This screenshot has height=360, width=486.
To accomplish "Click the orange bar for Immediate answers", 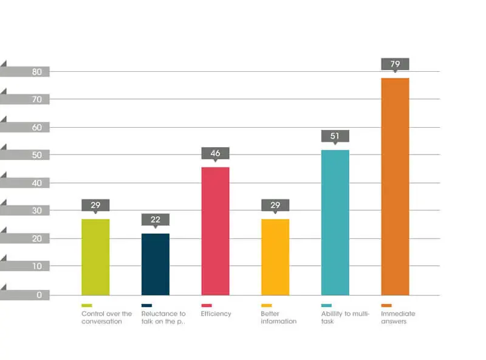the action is (x=395, y=187).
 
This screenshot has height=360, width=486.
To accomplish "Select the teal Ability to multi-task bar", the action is (x=335, y=223).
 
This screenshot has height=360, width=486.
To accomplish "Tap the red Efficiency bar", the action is (x=216, y=231).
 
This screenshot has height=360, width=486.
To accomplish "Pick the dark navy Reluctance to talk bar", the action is (x=156, y=264).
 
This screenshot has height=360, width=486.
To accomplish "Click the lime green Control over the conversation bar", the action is (x=95, y=257).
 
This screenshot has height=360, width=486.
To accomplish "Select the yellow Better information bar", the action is (x=275, y=257).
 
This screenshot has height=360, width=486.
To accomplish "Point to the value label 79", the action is (x=395, y=64).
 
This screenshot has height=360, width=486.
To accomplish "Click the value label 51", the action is (x=335, y=136).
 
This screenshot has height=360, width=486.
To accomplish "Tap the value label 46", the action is (x=216, y=154).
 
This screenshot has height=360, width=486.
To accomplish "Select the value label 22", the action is (x=156, y=220).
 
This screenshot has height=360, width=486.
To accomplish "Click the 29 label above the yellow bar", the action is (x=275, y=206).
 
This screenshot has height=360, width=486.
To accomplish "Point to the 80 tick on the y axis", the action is (x=37, y=72).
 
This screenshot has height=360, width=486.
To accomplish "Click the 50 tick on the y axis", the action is (x=37, y=155).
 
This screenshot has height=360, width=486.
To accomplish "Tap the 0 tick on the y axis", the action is (x=39, y=295).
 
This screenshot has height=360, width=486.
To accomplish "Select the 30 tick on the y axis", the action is (x=37, y=211).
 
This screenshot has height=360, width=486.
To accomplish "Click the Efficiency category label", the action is (x=216, y=314).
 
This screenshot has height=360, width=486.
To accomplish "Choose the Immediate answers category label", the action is (x=398, y=317).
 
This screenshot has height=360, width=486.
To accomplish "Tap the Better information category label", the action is (x=279, y=317).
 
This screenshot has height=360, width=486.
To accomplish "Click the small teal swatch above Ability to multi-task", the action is (x=326, y=305).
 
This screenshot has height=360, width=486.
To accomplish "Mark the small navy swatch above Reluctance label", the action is (x=146, y=305).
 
